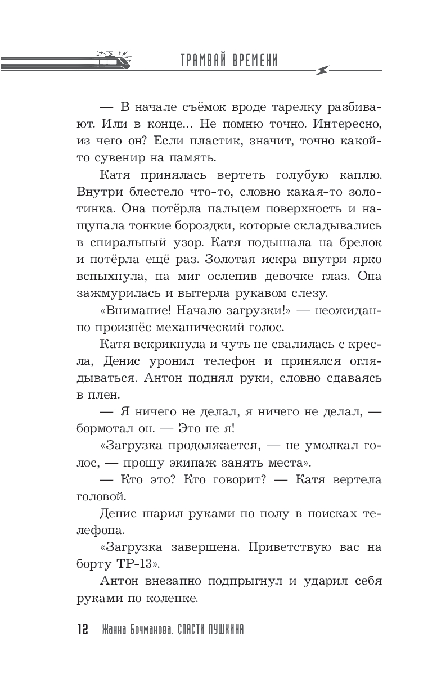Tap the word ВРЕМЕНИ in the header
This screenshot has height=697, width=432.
pos(256,61)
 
